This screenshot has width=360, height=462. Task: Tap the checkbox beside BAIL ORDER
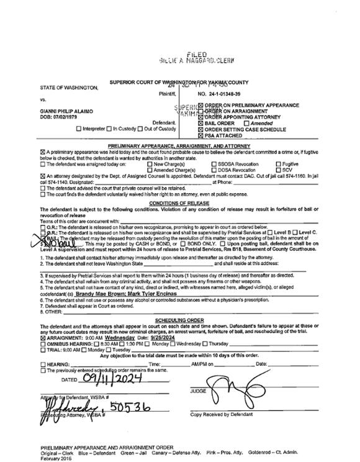pos(201,123)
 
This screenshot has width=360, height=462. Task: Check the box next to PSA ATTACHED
pos(201,135)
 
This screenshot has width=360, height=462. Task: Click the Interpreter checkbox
pos(78,129)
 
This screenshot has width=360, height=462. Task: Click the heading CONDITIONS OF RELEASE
pos(179,203)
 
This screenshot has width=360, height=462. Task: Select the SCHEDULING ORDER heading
pos(179,319)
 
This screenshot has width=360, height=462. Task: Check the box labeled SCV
pos(278,170)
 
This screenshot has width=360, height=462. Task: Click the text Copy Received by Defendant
pos(221,414)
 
